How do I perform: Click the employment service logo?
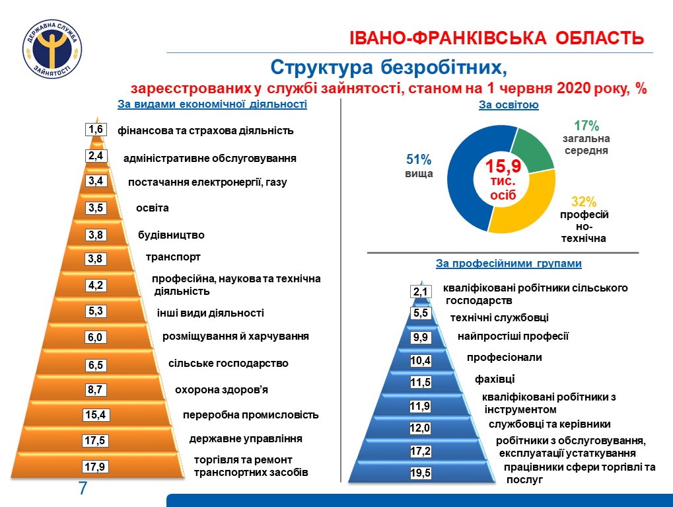pyautogui.click(x=52, y=50)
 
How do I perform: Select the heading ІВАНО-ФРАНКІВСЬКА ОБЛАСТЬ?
pyautogui.click(x=496, y=38)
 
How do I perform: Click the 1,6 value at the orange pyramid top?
pyautogui.click(x=96, y=130)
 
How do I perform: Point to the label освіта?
pyautogui.click(x=153, y=208)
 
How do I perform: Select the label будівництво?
pyautogui.click(x=171, y=235)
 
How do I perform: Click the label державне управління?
pyautogui.click(x=246, y=438)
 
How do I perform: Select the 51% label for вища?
pyautogui.click(x=418, y=159)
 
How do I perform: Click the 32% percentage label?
pyautogui.click(x=583, y=202)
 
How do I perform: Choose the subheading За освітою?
pyautogui.click(x=509, y=105)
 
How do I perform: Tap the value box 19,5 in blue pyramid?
pyautogui.click(x=420, y=473)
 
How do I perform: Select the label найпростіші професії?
pyautogui.click(x=513, y=336)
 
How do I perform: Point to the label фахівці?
pyautogui.click(x=495, y=379)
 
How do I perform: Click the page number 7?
pyautogui.click(x=83, y=489)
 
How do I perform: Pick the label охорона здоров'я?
pyautogui.click(x=221, y=389)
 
